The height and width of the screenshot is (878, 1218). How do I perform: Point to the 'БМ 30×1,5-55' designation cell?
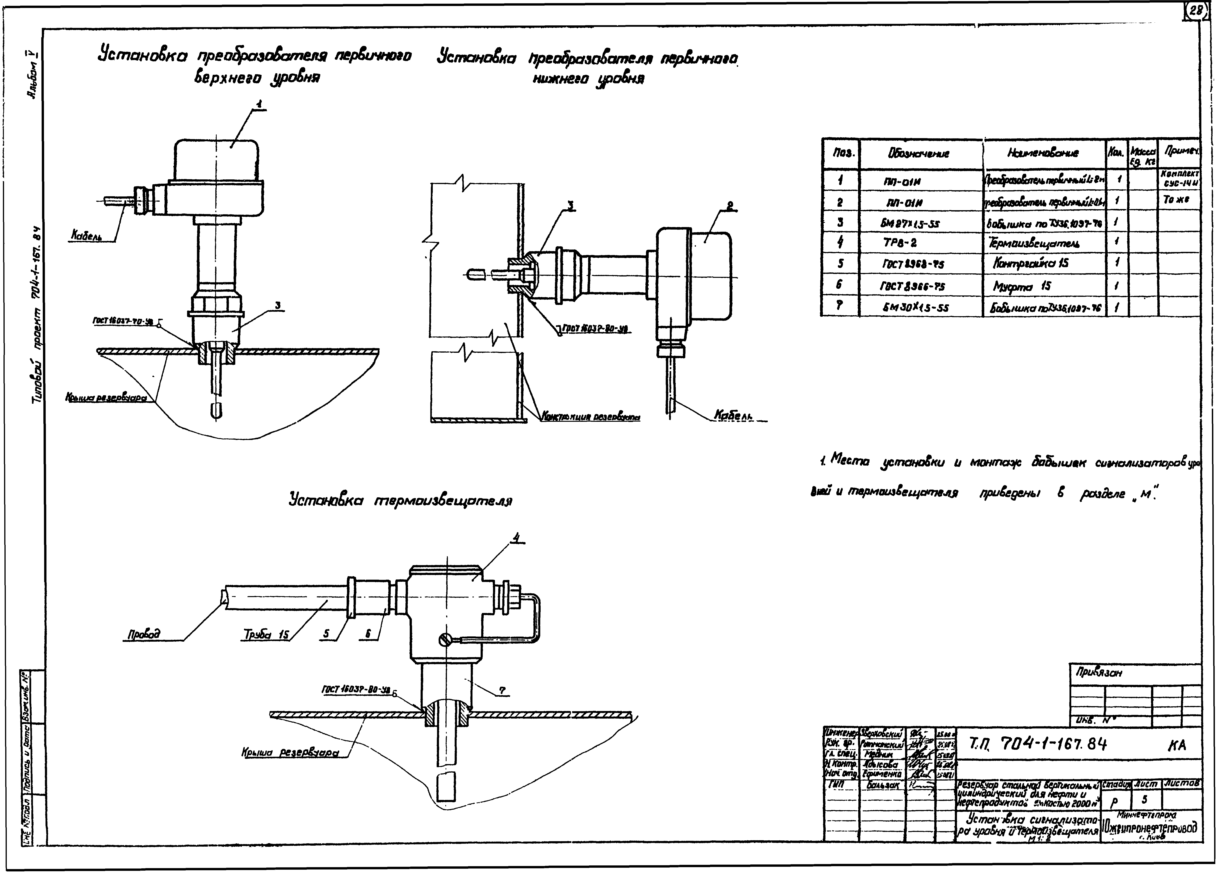tap(911, 308)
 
